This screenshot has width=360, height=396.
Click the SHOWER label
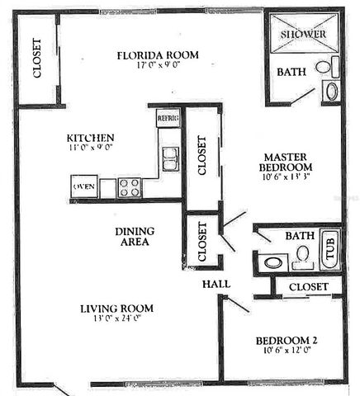(302, 34)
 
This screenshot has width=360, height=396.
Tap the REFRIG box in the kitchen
(168, 118)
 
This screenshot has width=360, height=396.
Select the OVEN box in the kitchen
(84, 186)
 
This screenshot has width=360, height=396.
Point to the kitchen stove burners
(130, 187)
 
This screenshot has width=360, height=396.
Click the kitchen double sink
(170, 158)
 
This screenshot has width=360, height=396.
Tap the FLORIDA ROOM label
(158, 55)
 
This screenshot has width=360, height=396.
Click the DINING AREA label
(132, 236)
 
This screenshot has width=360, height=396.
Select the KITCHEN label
(91, 138)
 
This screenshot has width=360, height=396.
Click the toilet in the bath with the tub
(303, 256)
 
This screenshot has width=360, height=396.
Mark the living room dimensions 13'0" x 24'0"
(116, 321)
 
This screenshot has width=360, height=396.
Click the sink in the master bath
(332, 91)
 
